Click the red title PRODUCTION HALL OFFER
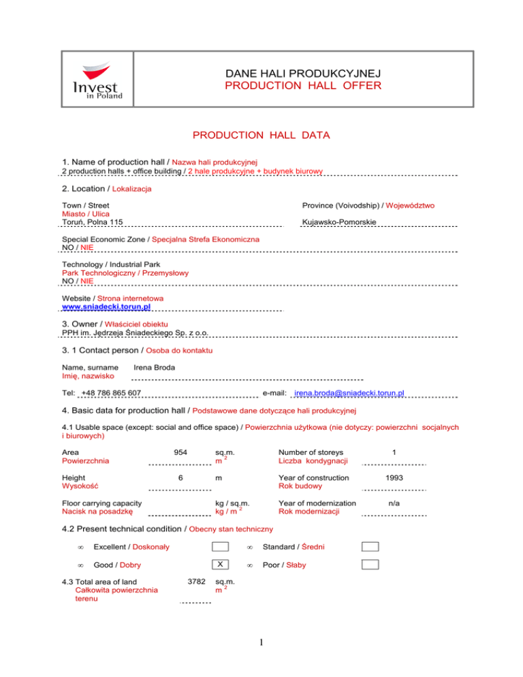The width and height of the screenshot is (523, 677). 303,86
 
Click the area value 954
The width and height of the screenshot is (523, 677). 180,452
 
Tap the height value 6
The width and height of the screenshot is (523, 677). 180,478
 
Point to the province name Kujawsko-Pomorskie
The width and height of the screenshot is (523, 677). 338,223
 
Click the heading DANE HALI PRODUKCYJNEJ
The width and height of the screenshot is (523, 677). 303,73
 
